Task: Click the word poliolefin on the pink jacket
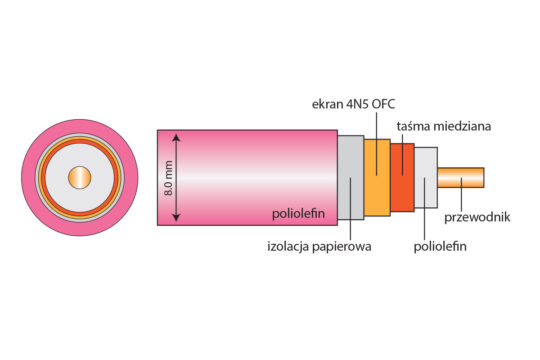click(300, 214)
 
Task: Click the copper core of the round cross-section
click(76, 179)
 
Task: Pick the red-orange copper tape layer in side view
click(403, 178)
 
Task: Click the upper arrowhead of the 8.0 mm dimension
click(178, 137)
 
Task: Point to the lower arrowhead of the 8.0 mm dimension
click(178, 221)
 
